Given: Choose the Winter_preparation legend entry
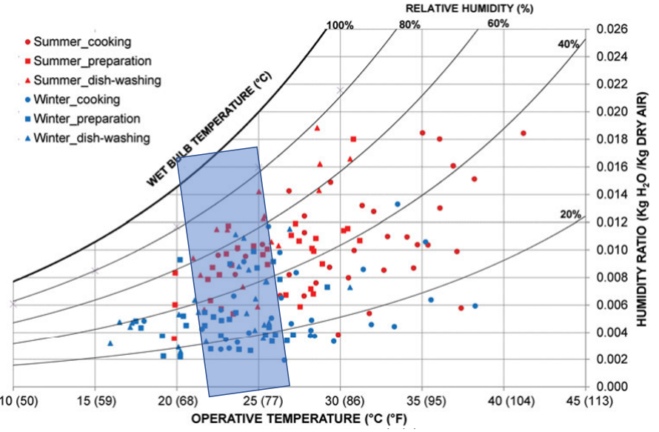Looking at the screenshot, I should click(82, 118).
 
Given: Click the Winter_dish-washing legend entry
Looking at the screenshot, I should click(86, 137).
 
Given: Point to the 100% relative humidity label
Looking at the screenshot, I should click(340, 24).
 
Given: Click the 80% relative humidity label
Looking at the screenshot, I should click(409, 24).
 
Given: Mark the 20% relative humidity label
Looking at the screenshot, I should click(569, 215).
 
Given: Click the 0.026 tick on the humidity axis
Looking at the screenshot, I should click(605, 30).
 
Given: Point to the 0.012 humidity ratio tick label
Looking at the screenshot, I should click(605, 222).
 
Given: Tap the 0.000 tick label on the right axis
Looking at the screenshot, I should click(605, 386).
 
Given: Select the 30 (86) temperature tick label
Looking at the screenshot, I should click(340, 401).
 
